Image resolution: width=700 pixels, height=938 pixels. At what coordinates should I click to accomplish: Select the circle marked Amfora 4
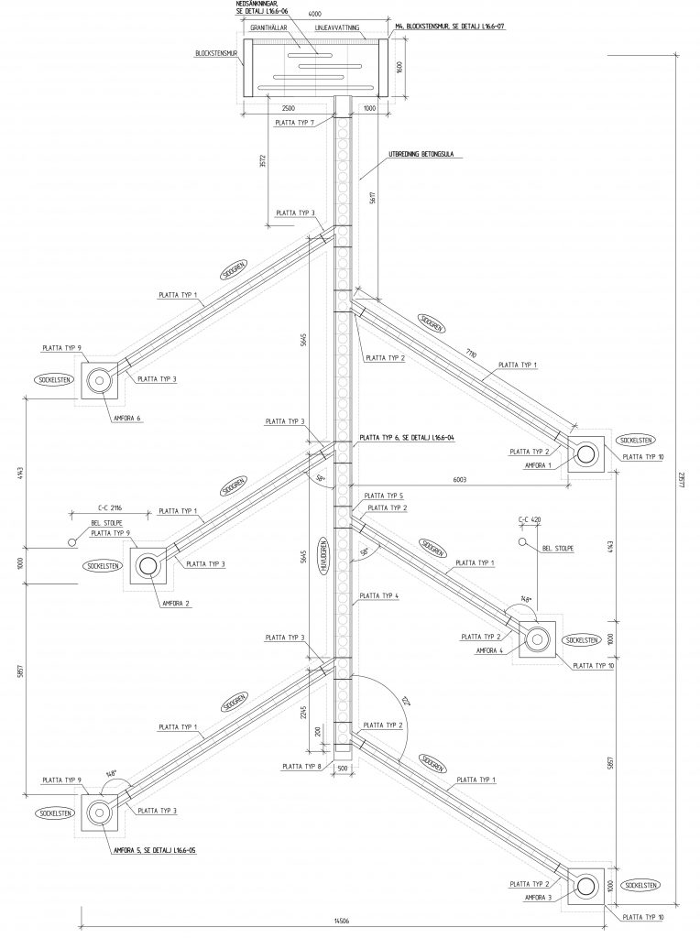pyautogui.click(x=535, y=637)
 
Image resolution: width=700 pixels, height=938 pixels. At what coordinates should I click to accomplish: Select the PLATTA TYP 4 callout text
pyautogui.click(x=379, y=595)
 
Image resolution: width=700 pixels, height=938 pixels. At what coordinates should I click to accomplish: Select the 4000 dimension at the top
pyautogui.click(x=314, y=14)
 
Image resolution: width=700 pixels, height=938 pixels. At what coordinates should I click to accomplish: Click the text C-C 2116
pyautogui.click(x=110, y=505)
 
